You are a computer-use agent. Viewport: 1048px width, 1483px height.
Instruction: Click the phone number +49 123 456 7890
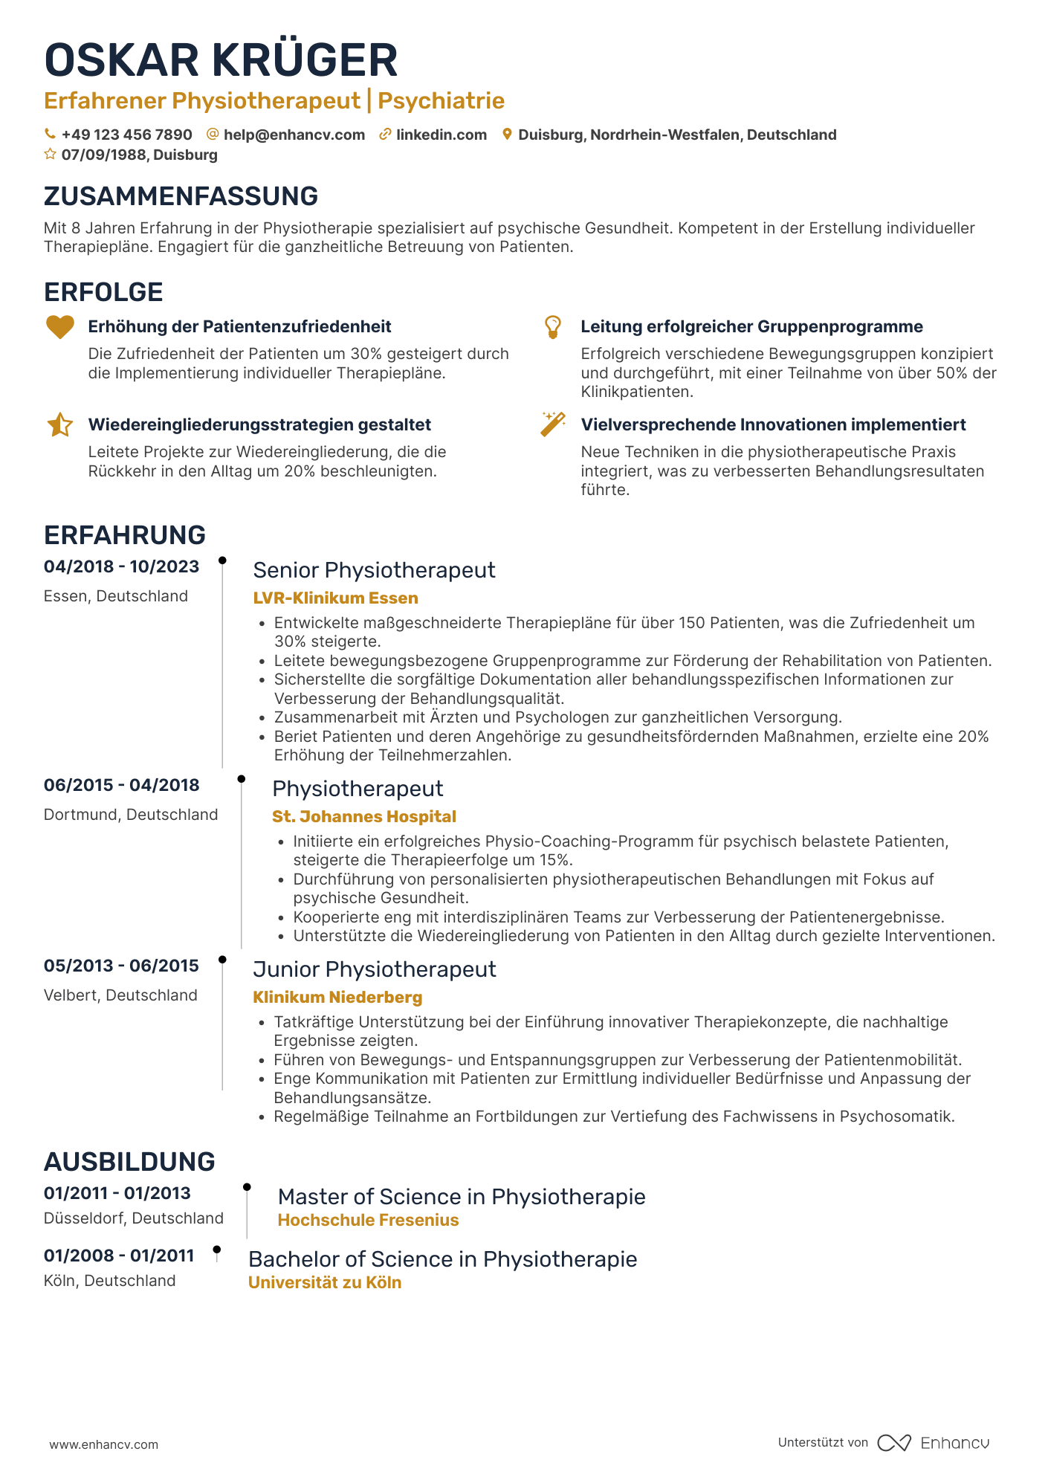(126, 135)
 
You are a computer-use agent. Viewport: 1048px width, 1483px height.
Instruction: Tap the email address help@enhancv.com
(294, 135)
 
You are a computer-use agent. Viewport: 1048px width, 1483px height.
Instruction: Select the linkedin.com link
(441, 135)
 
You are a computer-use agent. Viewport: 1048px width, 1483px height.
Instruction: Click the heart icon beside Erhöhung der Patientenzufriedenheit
(60, 327)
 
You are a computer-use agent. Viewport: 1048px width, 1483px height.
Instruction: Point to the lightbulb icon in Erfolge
(553, 327)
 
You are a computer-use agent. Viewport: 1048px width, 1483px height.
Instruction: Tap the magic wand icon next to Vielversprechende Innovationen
(553, 424)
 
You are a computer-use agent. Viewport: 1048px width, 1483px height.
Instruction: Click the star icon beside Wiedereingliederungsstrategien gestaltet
(60, 425)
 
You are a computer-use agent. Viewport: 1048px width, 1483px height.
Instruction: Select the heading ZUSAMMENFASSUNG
(181, 196)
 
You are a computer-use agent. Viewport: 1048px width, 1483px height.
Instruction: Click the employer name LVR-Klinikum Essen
(335, 598)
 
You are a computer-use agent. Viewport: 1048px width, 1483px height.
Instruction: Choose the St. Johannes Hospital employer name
(363, 817)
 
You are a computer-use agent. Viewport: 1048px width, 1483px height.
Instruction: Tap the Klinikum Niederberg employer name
(337, 998)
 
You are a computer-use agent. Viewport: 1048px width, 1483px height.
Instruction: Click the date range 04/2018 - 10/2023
(121, 567)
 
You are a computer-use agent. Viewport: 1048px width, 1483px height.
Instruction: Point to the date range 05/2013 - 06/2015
(121, 966)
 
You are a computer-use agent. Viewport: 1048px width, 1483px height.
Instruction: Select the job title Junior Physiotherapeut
(374, 969)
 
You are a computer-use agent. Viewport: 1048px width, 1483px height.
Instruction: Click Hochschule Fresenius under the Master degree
(368, 1221)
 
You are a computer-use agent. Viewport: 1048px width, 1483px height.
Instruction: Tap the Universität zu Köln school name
(324, 1283)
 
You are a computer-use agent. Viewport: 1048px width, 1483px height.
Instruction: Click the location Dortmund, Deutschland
(131, 815)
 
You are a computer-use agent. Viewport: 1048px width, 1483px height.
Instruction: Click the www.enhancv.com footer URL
(104, 1444)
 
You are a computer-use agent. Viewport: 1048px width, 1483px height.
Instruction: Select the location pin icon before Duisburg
(507, 135)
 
